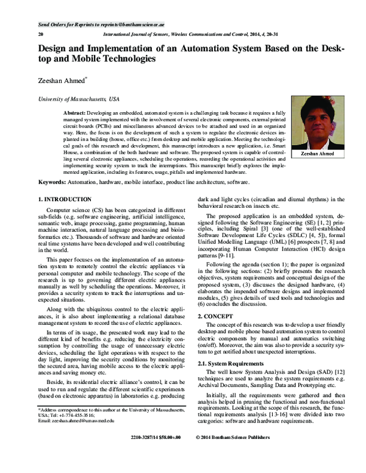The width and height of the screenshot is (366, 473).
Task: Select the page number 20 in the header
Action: pos(41,35)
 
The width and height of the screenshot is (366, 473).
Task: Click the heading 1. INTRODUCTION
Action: pos(65,199)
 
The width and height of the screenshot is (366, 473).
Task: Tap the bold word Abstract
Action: pos(91,114)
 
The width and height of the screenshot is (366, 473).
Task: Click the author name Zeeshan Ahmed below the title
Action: pos(62,79)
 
